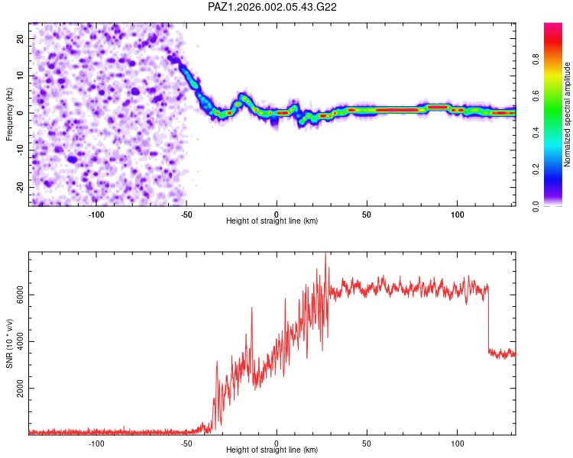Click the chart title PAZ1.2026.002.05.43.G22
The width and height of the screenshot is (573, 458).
pos(273,7)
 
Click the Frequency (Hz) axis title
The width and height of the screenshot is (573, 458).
pos(10,114)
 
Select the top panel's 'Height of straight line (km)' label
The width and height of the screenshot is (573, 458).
pos(272,221)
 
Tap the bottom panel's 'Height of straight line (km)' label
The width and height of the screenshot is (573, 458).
pos(272,450)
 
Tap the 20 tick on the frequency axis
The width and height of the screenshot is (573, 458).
pos(21,38)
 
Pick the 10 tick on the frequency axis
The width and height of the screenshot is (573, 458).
pos(21,76)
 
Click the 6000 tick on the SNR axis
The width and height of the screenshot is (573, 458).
pos(21,295)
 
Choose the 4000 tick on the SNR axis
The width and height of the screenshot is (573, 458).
pos(21,342)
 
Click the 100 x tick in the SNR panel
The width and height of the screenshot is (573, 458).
pos(458,443)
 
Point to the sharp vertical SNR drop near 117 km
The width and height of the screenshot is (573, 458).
pos(488,321)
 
